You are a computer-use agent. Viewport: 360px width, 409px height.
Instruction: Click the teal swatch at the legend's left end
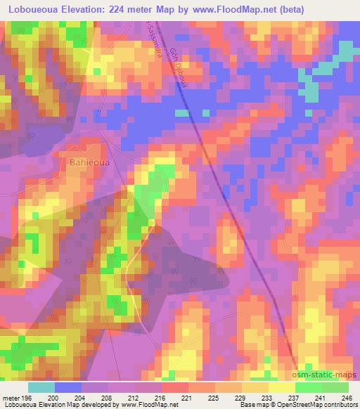click(41, 387)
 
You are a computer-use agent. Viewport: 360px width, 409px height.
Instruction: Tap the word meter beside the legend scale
click(11, 398)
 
